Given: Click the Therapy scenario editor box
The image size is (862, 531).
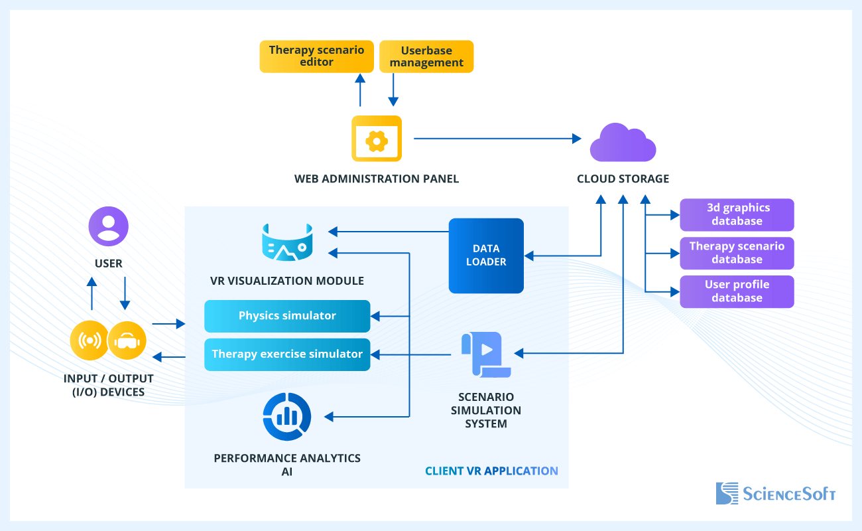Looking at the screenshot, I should (316, 56).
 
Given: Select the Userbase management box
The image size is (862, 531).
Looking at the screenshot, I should (426, 56).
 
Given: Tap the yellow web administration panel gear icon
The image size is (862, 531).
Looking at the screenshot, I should (377, 139).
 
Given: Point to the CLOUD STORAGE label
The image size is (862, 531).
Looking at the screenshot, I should (623, 179).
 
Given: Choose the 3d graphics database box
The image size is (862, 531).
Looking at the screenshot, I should (737, 214).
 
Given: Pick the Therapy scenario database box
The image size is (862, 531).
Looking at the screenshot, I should (737, 253).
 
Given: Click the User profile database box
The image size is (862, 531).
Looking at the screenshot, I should (737, 291).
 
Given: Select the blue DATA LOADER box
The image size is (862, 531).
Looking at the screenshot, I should (486, 256).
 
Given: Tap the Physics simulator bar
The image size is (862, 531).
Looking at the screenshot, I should (287, 316).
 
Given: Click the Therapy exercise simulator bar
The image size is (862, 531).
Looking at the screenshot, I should (287, 354).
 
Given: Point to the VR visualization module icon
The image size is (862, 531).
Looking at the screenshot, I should (287, 242).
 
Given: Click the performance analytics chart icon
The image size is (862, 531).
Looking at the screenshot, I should (287, 416).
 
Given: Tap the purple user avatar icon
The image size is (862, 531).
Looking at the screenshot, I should (109, 226).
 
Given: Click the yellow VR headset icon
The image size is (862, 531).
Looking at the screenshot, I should (127, 341).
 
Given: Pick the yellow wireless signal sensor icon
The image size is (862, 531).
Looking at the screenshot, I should (90, 341).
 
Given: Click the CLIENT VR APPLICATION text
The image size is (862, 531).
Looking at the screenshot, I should (491, 471).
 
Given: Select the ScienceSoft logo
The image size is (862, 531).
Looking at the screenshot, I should (775, 493).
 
